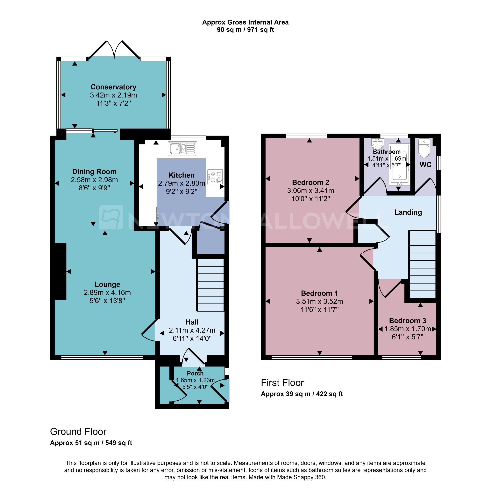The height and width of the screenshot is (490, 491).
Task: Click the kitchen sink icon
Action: [182, 149]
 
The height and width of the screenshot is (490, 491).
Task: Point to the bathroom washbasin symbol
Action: [377, 144]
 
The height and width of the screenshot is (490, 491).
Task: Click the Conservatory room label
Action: [113, 87]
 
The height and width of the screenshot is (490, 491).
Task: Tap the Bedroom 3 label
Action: [407, 321]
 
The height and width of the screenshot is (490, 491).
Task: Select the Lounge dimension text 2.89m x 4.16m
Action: [107, 292]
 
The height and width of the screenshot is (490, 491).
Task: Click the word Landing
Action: [408, 212]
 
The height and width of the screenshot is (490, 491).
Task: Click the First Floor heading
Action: [282, 382]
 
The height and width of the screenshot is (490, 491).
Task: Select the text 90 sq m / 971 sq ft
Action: [245, 30]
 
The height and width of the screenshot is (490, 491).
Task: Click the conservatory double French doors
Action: [114, 50]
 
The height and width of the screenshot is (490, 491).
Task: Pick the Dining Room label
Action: [94, 172]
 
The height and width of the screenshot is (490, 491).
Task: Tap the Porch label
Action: [195, 373]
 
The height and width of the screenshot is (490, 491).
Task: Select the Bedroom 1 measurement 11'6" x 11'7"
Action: [319, 310]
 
